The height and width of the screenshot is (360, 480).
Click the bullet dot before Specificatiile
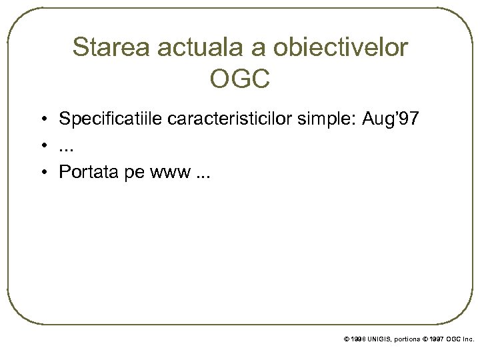coord(42,121)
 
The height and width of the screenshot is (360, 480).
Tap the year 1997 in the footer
coord(434,339)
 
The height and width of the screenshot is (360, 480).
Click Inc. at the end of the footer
coord(468,339)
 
